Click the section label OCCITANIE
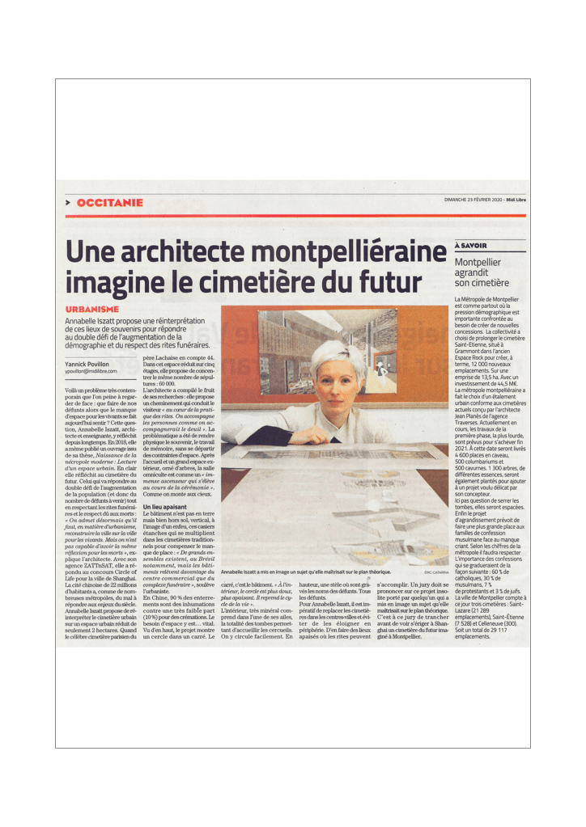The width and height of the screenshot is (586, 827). (x=110, y=202)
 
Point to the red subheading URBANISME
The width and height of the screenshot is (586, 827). (x=92, y=310)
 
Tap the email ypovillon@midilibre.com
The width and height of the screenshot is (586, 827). (x=91, y=371)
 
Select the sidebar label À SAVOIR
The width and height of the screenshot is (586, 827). (x=471, y=245)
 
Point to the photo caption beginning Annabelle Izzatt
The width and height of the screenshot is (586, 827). (x=311, y=572)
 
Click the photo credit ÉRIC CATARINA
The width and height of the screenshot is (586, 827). (x=435, y=572)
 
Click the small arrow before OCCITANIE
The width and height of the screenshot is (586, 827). (x=69, y=202)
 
